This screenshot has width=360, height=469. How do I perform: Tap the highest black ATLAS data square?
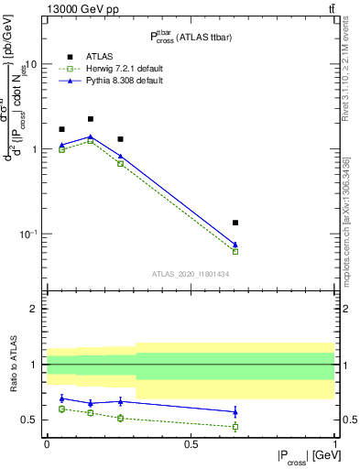click(91, 119)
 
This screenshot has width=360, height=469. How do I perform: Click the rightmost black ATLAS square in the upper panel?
click(235, 223)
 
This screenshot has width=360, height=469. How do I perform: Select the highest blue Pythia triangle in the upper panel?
click(91, 136)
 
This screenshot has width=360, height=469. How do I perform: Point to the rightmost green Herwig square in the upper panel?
click(235, 251)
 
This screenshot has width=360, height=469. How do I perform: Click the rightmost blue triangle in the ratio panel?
click(235, 412)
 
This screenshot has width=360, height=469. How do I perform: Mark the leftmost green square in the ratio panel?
click(61, 409)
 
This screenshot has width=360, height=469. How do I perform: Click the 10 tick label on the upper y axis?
click(32, 65)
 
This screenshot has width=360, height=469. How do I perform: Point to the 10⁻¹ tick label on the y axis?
click(29, 234)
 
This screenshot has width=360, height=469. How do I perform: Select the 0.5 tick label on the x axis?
click(191, 443)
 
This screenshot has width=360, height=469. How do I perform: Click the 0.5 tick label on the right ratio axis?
click(346, 420)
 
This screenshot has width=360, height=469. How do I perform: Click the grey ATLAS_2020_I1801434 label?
click(190, 274)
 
